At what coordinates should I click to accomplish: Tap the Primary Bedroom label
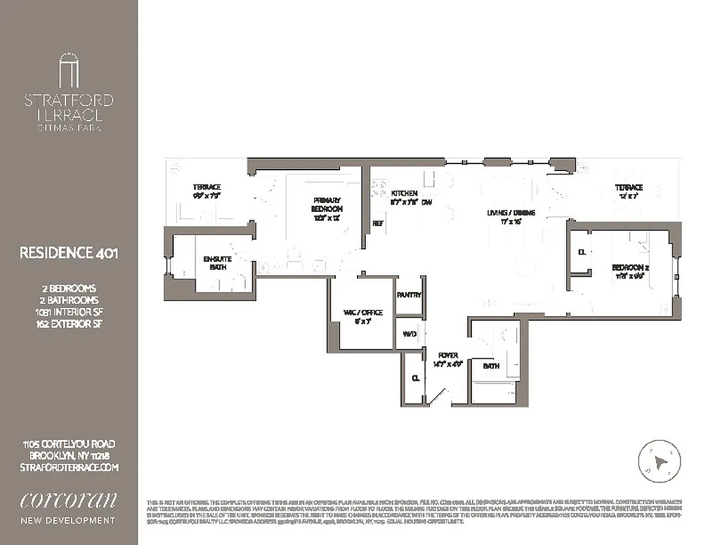327,205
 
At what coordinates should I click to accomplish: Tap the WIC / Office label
363,313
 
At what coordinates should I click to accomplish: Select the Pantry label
409,295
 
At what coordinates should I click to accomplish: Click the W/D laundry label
409,334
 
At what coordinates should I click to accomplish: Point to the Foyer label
448,355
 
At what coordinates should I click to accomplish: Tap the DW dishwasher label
427,202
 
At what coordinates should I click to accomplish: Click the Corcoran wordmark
68,499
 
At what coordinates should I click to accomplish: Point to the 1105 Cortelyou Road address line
68,444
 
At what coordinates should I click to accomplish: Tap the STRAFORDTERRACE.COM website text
68,467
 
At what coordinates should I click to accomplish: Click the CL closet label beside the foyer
415,378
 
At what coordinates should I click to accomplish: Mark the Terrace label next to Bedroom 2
629,187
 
